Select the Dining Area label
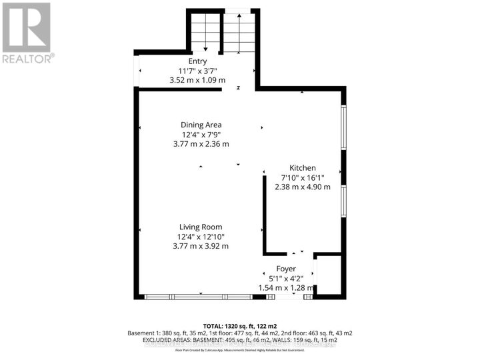click(201, 125)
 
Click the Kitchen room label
click(302, 168)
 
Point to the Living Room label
click(201, 227)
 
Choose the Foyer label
click(286, 269)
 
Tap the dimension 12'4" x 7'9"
click(201, 134)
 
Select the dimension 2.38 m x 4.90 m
click(302, 187)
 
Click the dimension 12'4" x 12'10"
click(201, 236)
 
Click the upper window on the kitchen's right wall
click(343, 127)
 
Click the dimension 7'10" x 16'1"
click(302, 177)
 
